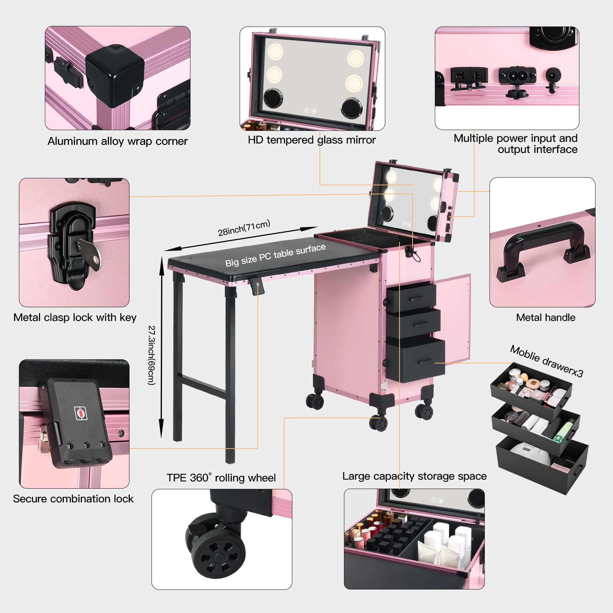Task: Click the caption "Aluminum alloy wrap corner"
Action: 118,141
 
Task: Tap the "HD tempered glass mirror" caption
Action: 312,140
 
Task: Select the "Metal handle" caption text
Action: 546,317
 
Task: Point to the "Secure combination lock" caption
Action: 73,499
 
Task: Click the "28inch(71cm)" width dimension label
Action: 244,228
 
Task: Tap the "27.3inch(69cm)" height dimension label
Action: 152,355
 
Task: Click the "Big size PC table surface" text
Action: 275,255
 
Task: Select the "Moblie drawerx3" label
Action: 546,361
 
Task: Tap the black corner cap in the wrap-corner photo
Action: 115,75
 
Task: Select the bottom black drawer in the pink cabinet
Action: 416,359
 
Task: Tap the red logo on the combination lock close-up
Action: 81,413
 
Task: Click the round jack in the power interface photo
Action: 552,75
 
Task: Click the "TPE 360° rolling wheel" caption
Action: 221,478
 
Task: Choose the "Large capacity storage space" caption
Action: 414,476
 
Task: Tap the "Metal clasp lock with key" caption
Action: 75,317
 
